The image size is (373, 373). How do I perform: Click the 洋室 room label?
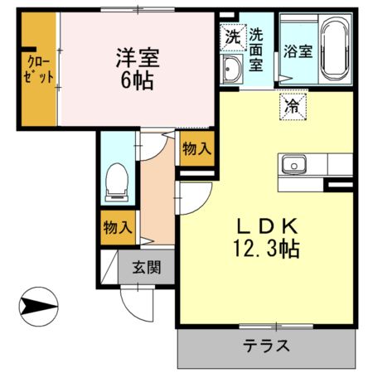click(x=137, y=60)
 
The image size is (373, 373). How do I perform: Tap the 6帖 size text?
click(x=138, y=83)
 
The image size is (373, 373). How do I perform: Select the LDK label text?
click(x=266, y=225)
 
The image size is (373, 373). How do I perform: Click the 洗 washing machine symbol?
click(x=231, y=37)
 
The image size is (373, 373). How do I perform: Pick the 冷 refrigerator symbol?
click(x=292, y=106)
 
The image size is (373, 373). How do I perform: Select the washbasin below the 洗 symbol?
click(x=231, y=70)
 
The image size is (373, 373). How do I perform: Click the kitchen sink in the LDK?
click(x=294, y=165)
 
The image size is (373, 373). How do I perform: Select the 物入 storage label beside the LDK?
click(x=196, y=150)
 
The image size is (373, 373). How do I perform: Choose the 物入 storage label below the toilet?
click(x=117, y=227)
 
